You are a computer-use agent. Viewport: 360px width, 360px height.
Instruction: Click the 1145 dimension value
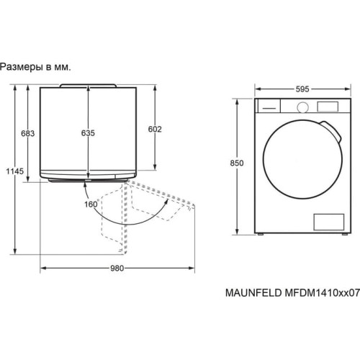(15, 171)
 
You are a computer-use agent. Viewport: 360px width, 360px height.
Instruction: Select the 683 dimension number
(28, 133)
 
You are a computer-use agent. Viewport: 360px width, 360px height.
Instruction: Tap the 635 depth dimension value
(88, 133)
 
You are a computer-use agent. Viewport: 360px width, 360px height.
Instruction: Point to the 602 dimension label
(155, 129)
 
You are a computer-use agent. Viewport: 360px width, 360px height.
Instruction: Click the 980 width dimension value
(117, 268)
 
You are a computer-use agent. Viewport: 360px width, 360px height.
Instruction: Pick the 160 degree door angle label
(91, 204)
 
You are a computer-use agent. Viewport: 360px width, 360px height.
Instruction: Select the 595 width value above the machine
(302, 89)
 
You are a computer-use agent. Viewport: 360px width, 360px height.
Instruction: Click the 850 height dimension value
(237, 163)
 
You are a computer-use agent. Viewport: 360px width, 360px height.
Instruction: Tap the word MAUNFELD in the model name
(253, 293)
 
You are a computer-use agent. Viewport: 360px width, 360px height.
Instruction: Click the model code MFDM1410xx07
(323, 293)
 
